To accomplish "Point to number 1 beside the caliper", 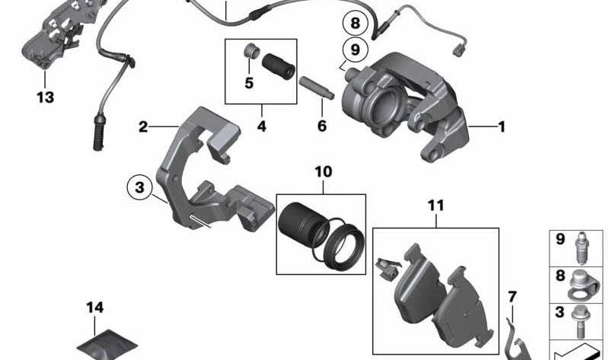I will pos(501,127).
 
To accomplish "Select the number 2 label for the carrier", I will pos(143,126).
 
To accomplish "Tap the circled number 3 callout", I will pos(139,187).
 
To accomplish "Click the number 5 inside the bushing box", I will pos(247,82).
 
